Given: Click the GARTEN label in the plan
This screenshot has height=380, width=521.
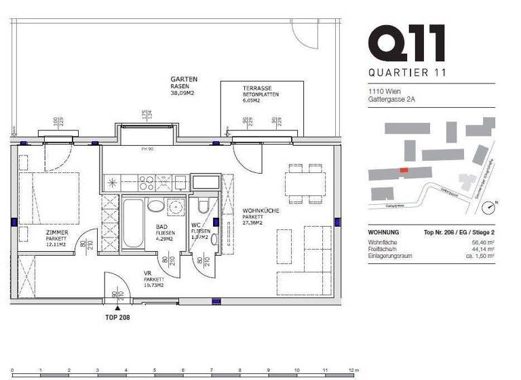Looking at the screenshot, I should pos(183,79).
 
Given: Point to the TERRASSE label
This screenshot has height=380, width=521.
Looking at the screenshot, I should pos(257,88).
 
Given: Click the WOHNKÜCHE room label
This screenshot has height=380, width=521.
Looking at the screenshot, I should pos(261,212).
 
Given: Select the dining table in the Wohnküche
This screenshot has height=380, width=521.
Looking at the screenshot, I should pos(305,183).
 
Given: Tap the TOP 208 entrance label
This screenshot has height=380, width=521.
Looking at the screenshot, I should pos(118,318).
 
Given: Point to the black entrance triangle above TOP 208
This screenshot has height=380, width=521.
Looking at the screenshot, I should pos(118,307).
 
